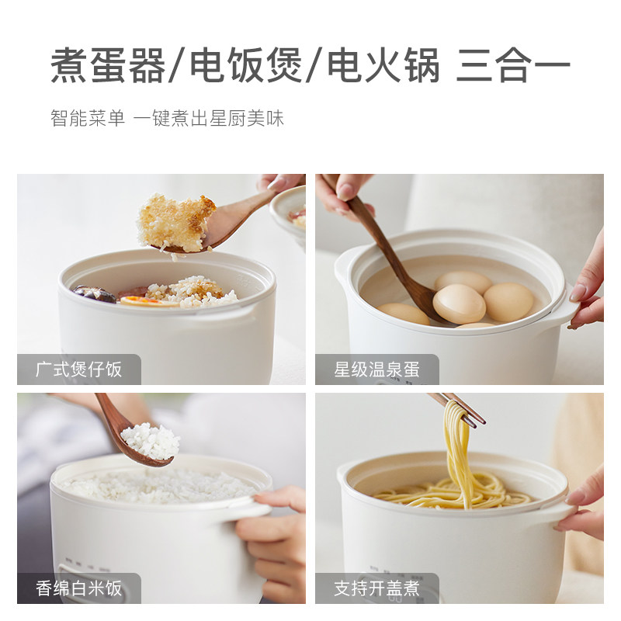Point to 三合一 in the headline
pos(513,65)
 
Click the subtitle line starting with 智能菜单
pos(167,119)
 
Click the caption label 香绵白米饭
pos(79,588)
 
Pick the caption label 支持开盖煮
pos(377,588)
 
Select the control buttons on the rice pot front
pos(85,559)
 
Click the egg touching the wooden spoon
pos(460,304)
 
